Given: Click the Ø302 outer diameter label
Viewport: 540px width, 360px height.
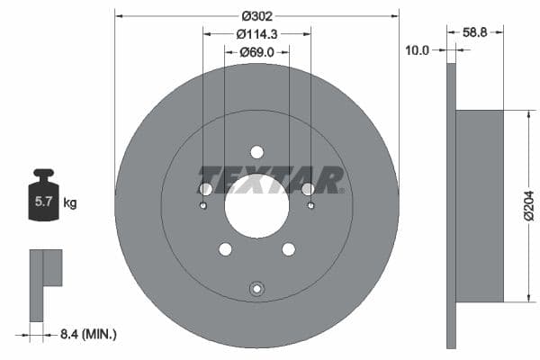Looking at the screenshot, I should pyautogui.click(x=256, y=15).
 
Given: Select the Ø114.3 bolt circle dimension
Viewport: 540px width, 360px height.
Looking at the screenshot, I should pyautogui.click(x=256, y=33).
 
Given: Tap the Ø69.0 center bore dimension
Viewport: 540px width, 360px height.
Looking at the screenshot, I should pyautogui.click(x=256, y=53).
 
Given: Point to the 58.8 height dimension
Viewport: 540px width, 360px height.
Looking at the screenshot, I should pyautogui.click(x=475, y=31).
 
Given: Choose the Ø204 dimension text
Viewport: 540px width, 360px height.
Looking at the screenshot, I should pyautogui.click(x=529, y=207).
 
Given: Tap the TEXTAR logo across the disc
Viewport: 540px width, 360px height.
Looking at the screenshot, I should pyautogui.click(x=270, y=178).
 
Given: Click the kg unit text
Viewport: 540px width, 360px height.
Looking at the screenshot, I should pyautogui.click(x=69, y=203).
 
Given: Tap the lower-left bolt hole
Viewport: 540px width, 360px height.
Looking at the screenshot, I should pyautogui.click(x=225, y=248).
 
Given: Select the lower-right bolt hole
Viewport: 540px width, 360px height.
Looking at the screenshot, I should pyautogui.click(x=288, y=248).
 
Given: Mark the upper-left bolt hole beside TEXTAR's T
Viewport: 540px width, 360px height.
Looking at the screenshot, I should pyautogui.click(x=205, y=189).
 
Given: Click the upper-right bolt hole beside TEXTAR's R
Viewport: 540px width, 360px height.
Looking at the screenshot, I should pyautogui.click(x=308, y=189).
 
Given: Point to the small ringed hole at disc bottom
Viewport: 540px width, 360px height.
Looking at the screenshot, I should pyautogui.click(x=256, y=289).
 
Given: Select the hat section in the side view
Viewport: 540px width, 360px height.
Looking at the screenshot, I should pyautogui.click(x=480, y=206).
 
